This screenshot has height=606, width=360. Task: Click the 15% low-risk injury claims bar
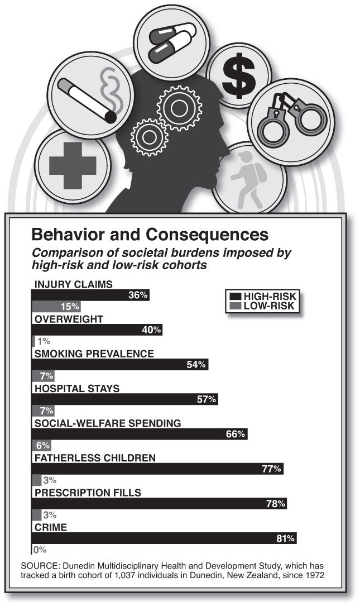pos(56,307)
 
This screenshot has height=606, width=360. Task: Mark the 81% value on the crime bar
pos(285,538)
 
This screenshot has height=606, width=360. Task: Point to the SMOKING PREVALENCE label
pos(94,354)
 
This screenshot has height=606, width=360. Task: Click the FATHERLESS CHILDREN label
pos(93,458)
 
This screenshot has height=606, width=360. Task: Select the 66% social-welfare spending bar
pos(139,434)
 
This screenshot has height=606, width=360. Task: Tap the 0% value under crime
pos(40,549)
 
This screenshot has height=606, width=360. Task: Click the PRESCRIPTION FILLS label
pos(88,493)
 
